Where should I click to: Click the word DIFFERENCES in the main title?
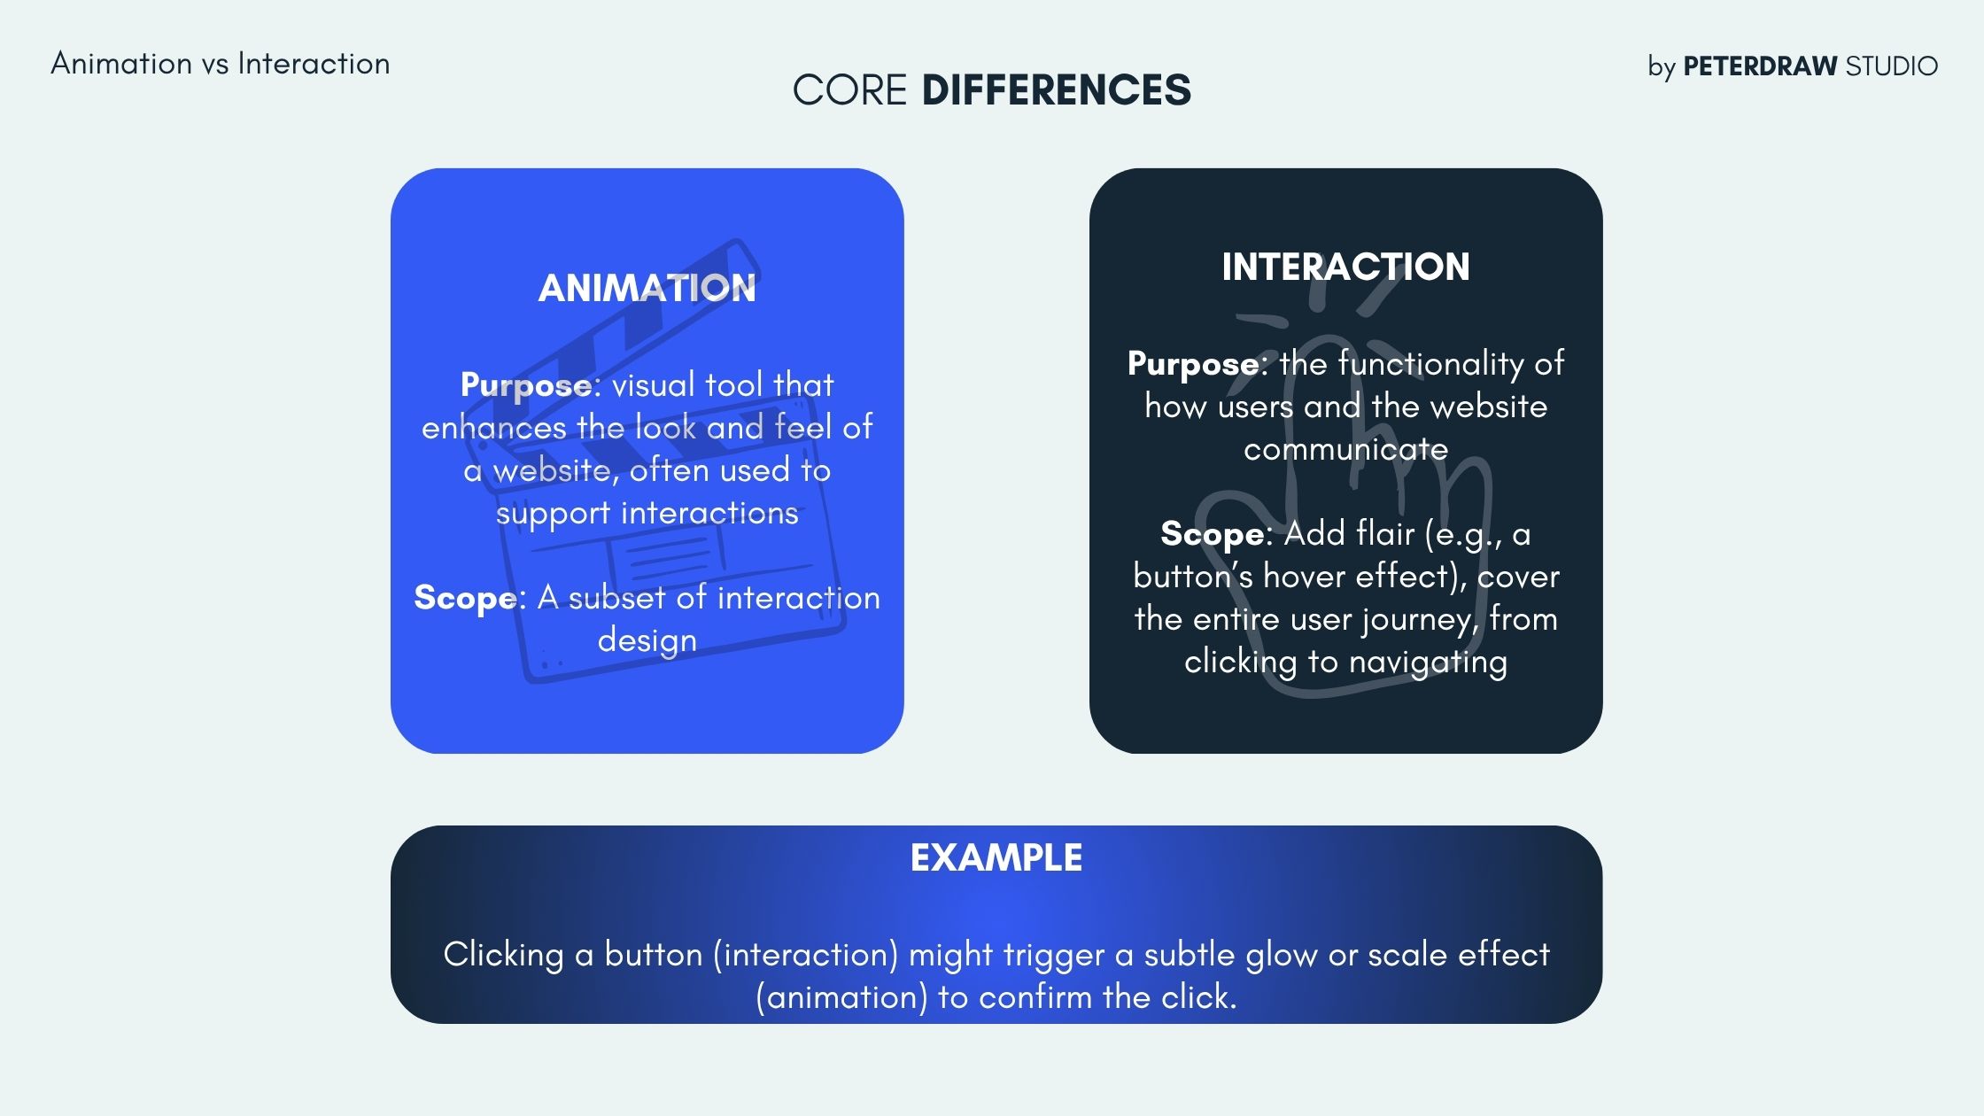(x=1056, y=90)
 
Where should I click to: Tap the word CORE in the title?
(x=849, y=90)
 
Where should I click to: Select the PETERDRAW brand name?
(x=1760, y=66)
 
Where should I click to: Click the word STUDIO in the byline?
(x=1891, y=66)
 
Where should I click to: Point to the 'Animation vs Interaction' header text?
(x=220, y=64)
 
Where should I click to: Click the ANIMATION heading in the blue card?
(x=647, y=288)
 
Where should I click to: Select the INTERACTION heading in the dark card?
(x=1345, y=267)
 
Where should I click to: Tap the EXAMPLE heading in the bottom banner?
(x=996, y=857)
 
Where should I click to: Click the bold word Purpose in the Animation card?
(x=526, y=385)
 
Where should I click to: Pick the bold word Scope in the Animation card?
(x=465, y=598)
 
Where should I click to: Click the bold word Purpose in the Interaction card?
(x=1193, y=364)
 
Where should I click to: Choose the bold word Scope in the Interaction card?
(x=1212, y=534)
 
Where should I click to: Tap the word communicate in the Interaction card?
(x=1345, y=449)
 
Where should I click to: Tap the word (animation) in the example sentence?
(x=841, y=997)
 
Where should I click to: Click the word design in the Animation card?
(x=647, y=641)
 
